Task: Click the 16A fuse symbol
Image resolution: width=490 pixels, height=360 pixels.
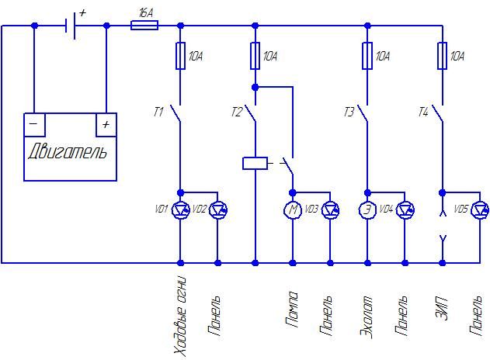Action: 144,26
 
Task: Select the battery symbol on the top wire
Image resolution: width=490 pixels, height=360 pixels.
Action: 71,26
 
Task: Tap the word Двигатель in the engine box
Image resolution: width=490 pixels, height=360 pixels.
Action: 68,151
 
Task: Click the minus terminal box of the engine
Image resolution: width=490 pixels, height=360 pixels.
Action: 34,125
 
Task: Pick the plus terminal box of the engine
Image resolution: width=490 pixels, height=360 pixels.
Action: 106,125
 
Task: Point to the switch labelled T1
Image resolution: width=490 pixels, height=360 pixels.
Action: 176,113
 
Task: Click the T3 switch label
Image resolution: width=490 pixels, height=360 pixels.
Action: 349,112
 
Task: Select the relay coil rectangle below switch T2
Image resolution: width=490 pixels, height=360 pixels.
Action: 255,163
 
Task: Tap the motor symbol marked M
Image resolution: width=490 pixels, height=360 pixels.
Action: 293,209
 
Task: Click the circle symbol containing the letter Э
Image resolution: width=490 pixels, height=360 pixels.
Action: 367,209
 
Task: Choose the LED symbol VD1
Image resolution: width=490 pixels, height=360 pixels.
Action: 181,209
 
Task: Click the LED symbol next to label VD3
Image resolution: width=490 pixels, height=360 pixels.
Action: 330,209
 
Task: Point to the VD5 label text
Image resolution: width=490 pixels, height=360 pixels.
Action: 461,209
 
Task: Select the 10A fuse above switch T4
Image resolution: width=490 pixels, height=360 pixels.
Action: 442,56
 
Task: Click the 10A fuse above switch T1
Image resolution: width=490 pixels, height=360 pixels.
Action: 181,56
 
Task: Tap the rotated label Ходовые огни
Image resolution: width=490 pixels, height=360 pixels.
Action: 180,316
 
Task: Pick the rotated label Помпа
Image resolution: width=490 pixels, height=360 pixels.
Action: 292,309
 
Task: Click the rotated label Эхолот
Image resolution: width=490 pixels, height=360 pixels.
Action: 367,317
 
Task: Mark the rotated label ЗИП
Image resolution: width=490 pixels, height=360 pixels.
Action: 442,309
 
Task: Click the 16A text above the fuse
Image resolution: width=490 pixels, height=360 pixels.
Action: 146,13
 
